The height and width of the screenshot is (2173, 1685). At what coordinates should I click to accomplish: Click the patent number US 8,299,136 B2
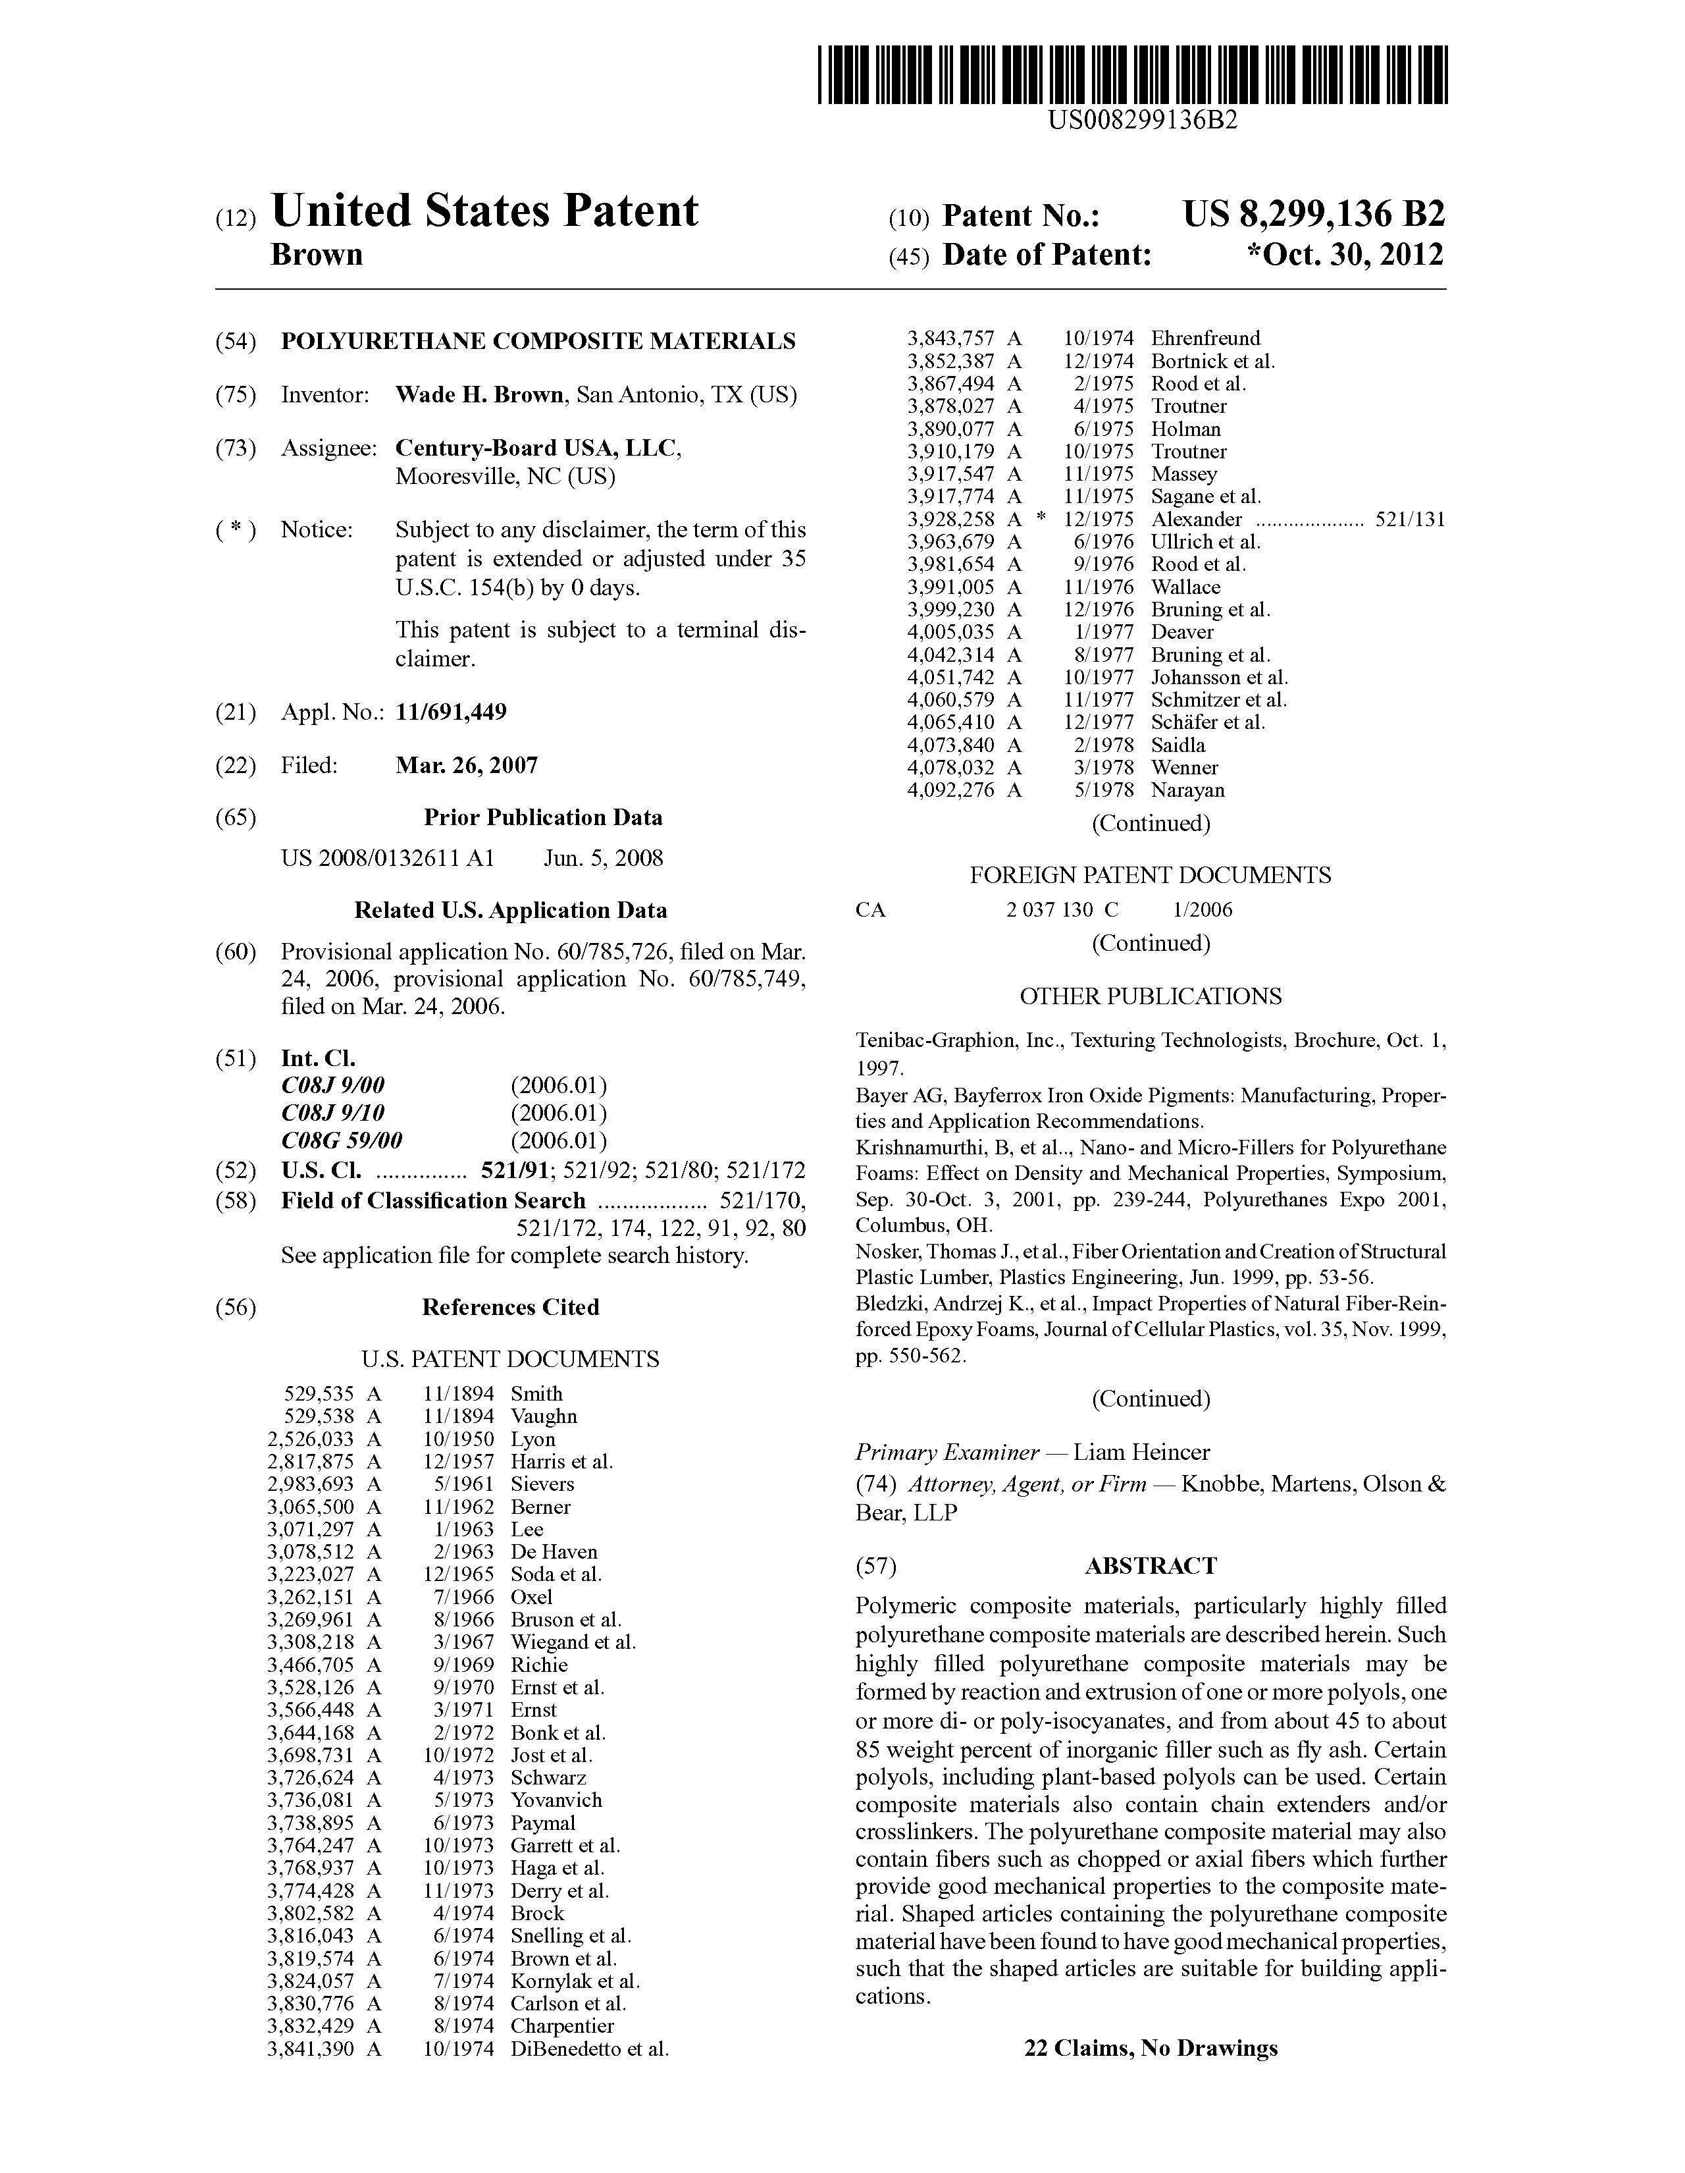(x=1313, y=214)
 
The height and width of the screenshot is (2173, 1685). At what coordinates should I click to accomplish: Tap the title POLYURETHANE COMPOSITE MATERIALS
(x=538, y=341)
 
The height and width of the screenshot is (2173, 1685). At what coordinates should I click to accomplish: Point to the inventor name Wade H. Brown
(x=479, y=395)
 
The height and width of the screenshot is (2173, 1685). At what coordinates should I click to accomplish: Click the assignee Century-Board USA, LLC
(x=537, y=448)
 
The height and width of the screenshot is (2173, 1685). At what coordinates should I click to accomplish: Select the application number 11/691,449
(x=451, y=712)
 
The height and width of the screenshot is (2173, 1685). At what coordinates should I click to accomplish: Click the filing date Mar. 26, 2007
(x=467, y=765)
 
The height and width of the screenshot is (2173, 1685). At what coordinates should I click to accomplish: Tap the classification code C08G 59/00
(x=342, y=1140)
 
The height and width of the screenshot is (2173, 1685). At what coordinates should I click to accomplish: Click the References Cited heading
(x=510, y=1307)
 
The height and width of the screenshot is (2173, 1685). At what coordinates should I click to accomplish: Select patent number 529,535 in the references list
(x=319, y=1394)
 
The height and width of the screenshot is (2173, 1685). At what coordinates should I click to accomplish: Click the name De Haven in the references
(x=554, y=1552)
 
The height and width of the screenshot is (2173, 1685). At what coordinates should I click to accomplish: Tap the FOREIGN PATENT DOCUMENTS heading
(x=1150, y=876)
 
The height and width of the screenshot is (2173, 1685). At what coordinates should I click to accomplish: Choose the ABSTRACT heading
(x=1150, y=1566)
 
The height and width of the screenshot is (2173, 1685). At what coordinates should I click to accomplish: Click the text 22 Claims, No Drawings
(x=1151, y=2049)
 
